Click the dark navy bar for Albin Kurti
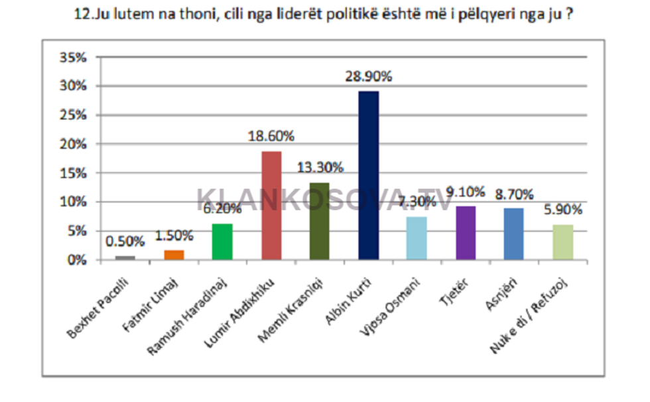pos(368,175)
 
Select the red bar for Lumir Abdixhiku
pos(272,205)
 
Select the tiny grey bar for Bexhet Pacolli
pos(125,257)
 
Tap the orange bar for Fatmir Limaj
pos(174,255)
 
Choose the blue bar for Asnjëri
pos(513,234)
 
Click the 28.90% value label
pos(368,76)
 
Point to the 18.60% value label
pos(271,136)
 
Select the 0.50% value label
pos(124,241)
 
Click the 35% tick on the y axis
pos(73,58)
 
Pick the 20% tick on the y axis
pos(73,144)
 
